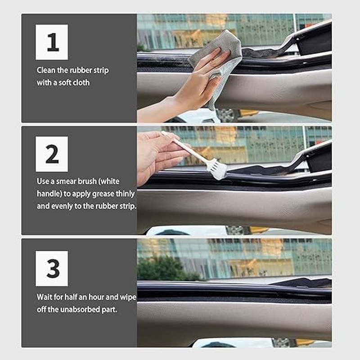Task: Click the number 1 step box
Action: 52,42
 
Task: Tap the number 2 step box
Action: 52,154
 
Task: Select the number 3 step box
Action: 52,268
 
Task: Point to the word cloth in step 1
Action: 80,83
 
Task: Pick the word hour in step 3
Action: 94,297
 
